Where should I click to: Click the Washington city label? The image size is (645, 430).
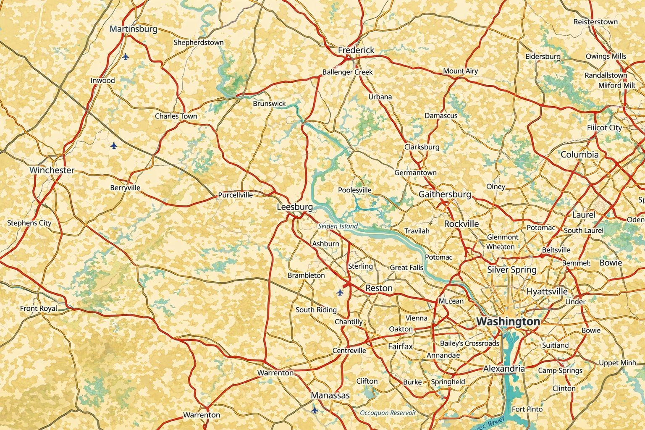(x=508, y=322)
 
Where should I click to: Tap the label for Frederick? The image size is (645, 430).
(x=356, y=50)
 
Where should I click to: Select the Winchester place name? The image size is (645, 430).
(x=52, y=170)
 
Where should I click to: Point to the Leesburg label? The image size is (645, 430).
(x=295, y=207)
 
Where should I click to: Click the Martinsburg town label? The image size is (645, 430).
(x=134, y=29)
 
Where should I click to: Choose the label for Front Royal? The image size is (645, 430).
(x=39, y=309)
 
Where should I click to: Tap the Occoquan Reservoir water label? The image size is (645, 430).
(x=388, y=413)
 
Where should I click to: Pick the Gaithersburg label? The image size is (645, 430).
(x=445, y=194)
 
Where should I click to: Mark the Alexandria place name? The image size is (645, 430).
(x=504, y=369)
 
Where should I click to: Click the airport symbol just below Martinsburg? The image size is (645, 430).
(x=126, y=56)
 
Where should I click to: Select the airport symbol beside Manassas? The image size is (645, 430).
(x=315, y=409)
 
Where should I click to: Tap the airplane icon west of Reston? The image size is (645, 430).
(x=340, y=292)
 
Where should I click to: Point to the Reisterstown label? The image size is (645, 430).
(x=595, y=22)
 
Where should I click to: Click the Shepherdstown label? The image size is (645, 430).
(x=199, y=42)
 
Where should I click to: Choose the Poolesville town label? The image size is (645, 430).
(x=355, y=190)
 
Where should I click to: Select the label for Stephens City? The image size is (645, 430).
(x=29, y=223)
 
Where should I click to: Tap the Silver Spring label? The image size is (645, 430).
(x=512, y=270)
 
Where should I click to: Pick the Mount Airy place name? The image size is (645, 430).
(x=461, y=71)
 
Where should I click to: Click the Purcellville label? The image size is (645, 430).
(x=236, y=195)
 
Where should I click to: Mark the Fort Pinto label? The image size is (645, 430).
(x=527, y=409)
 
